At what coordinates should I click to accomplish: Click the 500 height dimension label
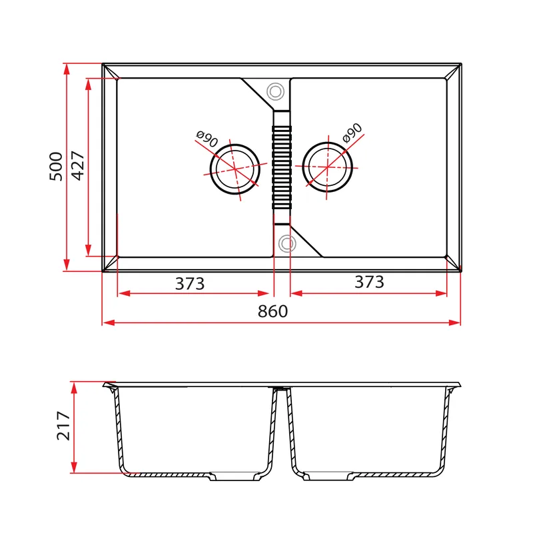click(56, 167)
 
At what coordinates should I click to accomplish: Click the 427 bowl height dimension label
click(78, 165)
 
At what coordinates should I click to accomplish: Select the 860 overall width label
click(272, 311)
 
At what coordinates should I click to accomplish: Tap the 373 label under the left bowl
click(190, 284)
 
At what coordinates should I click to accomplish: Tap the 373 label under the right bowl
click(369, 282)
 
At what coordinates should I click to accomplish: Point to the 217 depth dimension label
click(63, 426)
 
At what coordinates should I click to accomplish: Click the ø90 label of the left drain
click(207, 139)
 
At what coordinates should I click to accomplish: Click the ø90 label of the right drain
click(352, 133)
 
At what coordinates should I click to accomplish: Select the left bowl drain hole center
click(235, 169)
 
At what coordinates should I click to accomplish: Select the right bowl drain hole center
click(327, 167)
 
